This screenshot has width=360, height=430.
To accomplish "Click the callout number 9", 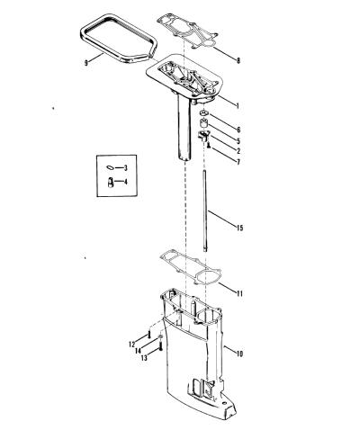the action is click(x=86, y=63).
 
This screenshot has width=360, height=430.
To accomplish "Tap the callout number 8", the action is click(x=238, y=60).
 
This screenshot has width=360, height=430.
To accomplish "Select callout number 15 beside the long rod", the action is click(x=239, y=228).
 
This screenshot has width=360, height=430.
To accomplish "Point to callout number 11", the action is click(x=239, y=293).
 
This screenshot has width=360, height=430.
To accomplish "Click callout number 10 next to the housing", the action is click(x=239, y=354).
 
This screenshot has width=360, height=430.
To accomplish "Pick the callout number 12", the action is click(x=132, y=345).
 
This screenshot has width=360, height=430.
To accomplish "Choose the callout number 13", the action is click(x=144, y=358).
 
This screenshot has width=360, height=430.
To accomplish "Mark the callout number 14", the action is click(x=138, y=351).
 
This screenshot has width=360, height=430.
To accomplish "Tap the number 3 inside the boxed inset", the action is click(x=126, y=168).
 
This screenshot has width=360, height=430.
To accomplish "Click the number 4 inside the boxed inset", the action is click(x=126, y=182).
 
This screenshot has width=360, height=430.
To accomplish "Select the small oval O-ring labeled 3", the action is click(x=110, y=167).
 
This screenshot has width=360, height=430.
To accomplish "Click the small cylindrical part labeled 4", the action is click(x=111, y=183).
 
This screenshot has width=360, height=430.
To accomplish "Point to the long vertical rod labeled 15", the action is click(x=204, y=211).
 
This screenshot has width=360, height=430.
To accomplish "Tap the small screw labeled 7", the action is click(x=208, y=146).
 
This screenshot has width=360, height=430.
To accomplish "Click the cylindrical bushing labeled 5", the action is click(x=204, y=123).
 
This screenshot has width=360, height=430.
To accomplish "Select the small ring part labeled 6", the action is click(x=204, y=113).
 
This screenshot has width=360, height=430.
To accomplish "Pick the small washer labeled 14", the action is click(x=160, y=337).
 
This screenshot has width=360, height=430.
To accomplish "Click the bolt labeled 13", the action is click(x=160, y=347).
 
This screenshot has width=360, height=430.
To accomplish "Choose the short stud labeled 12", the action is click(x=148, y=334).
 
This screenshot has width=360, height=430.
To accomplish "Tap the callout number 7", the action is click(x=238, y=162).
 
